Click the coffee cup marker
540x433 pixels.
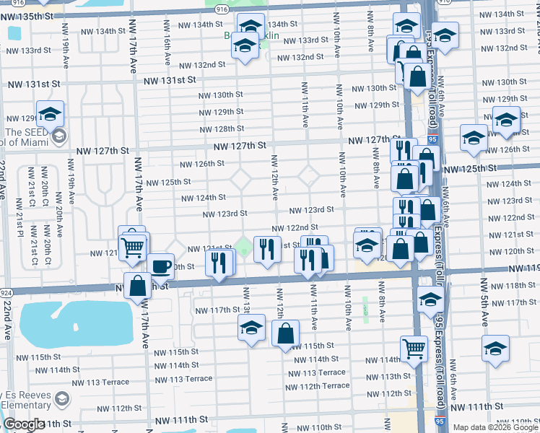click(161, 266)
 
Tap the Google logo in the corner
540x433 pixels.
click(25, 424)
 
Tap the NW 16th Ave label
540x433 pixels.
click(167, 50)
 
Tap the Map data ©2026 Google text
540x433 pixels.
click(495, 427)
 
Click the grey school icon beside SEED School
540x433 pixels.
click(58, 136)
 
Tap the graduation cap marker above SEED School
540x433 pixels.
click(51, 114)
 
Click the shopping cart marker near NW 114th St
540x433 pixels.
click(414, 349)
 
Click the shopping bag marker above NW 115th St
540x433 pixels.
click(286, 333)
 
